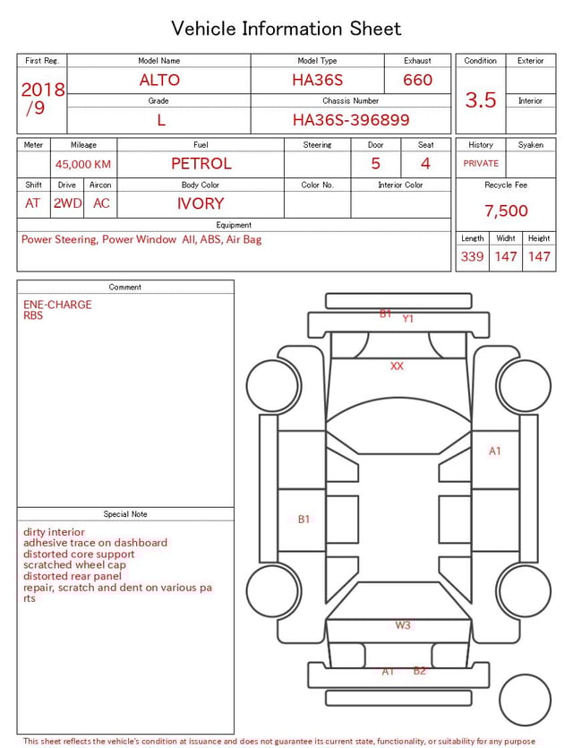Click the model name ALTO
(x=159, y=80)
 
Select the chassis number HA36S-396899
(x=351, y=120)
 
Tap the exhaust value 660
(x=417, y=80)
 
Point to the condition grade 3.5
(x=481, y=100)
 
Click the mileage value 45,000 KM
(x=83, y=164)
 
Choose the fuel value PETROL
(x=201, y=164)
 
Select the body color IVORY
(x=201, y=203)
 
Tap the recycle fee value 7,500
(x=506, y=211)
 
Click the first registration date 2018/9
(x=42, y=99)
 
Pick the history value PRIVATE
(x=481, y=163)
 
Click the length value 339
(x=472, y=256)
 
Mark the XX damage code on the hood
(x=397, y=366)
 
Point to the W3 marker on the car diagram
(x=403, y=625)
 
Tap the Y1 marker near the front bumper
(x=408, y=319)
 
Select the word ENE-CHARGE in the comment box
(x=57, y=305)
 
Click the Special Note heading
(x=125, y=514)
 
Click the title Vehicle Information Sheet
(x=286, y=29)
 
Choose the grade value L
(x=161, y=120)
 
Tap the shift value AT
(x=33, y=203)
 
